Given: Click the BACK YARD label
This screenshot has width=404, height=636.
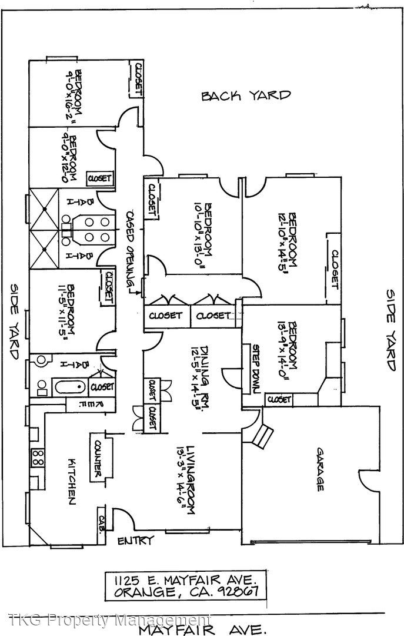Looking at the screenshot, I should pyautogui.click(x=246, y=95).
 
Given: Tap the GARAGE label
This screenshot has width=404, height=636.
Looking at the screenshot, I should pyautogui.click(x=321, y=469).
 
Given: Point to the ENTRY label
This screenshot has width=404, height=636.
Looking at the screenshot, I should pyautogui.click(x=136, y=541).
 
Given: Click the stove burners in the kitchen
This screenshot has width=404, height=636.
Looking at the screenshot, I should pyautogui.click(x=38, y=458).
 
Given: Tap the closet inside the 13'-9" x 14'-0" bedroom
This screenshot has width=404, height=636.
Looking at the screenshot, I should pyautogui.click(x=279, y=400).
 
